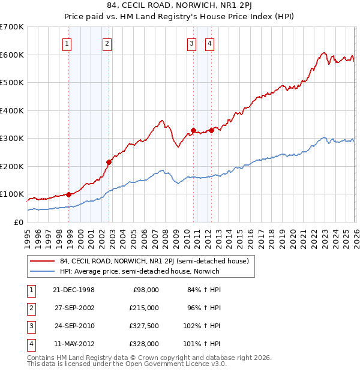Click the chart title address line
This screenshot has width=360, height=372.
(179, 7)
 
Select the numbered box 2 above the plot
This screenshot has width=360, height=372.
(107, 43)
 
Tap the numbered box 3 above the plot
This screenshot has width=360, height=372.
(191, 43)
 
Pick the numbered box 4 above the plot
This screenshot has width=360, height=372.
(209, 43)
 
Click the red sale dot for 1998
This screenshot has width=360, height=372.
(69, 194)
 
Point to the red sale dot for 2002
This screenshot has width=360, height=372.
(109, 162)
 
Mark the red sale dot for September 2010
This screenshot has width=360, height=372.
(193, 130)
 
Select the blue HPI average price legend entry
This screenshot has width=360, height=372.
(139, 271)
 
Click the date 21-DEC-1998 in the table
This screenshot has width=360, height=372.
(74, 290)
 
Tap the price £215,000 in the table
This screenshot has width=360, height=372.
(144, 308)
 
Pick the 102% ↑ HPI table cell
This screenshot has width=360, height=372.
(202, 326)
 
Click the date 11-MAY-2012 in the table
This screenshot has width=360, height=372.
(74, 344)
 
